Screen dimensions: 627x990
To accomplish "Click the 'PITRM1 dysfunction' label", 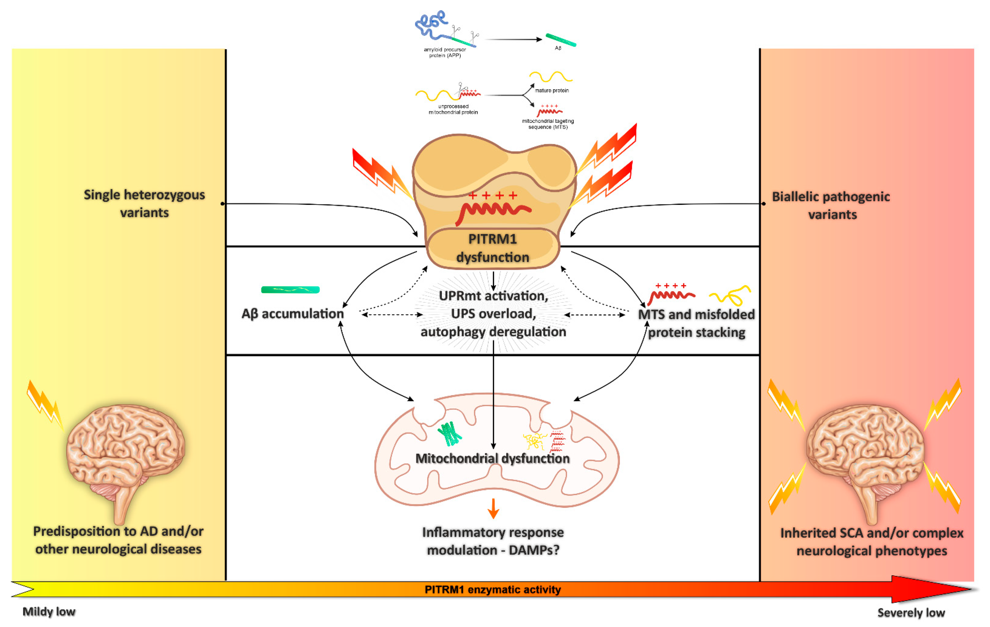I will [x=493, y=248].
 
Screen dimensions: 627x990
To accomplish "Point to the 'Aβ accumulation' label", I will [x=292, y=314].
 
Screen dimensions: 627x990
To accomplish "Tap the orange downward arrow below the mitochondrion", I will [x=493, y=508].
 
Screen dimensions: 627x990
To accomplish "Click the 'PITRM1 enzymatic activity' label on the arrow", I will [x=493, y=590].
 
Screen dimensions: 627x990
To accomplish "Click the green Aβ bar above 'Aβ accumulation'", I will [x=290, y=290].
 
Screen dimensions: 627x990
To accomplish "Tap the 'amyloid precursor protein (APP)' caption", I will [x=445, y=53].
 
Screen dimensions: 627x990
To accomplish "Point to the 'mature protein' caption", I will [x=552, y=91].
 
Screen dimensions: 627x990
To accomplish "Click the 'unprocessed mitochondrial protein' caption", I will [x=453, y=109].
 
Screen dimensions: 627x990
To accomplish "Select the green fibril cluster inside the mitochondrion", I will [x=450, y=434].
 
